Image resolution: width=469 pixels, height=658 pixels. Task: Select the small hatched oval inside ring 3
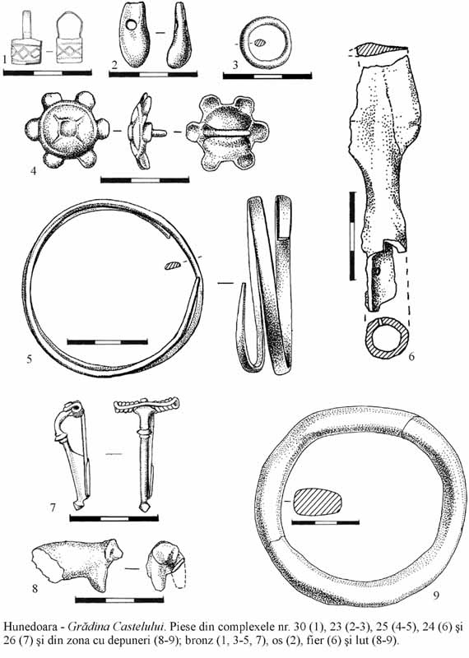tap(261, 43)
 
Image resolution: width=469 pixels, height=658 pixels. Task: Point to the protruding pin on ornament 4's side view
tap(159, 133)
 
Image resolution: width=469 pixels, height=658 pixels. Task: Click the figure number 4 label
tap(34, 171)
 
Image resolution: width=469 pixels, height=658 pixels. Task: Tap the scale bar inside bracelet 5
tap(108, 342)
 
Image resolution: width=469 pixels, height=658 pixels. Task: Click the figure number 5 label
tap(30, 359)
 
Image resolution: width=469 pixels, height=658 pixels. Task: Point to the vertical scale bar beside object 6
tap(352, 236)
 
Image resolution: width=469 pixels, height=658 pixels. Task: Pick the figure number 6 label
tap(411, 357)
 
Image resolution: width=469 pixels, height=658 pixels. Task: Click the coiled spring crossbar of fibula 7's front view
tap(146, 405)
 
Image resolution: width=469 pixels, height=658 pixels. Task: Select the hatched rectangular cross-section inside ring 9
tap(318, 502)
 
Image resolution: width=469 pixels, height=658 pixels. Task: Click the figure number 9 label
tap(436, 595)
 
